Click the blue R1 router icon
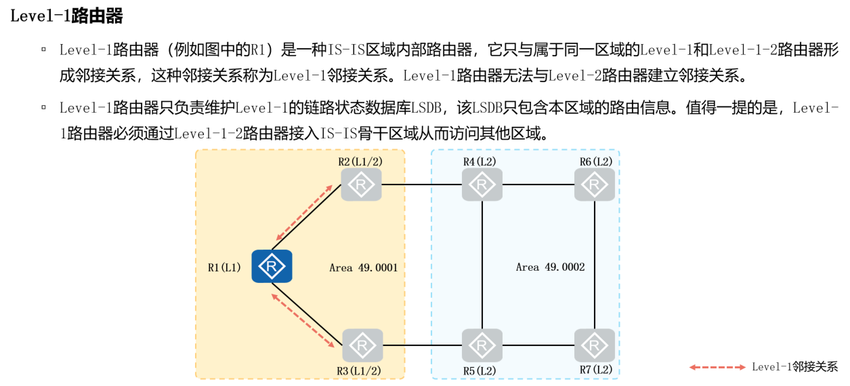coord(272,266)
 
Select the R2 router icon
coord(362,185)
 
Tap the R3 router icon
coord(362,345)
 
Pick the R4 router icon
coord(482,185)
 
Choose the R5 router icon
coord(482,345)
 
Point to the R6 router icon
coord(595,185)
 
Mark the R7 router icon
coord(595,345)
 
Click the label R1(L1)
coord(224,267)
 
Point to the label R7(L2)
coord(595,370)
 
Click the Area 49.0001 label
coord(363,267)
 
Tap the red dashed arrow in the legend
coord(717,367)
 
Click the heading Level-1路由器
coord(66,16)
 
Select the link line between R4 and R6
coord(538,185)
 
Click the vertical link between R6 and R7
coord(595,265)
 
